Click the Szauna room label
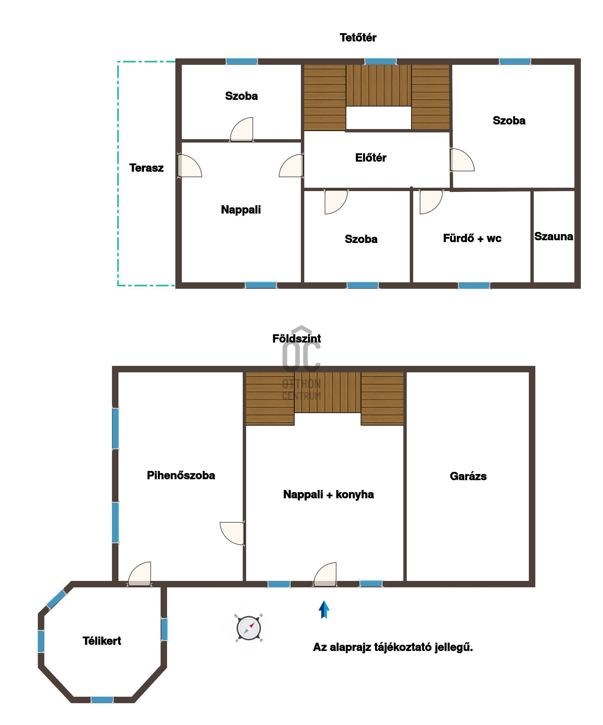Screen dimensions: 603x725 553,237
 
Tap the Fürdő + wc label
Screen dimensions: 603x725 472,238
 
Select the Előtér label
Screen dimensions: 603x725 371,158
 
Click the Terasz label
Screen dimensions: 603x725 146,168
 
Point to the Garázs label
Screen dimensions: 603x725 468,476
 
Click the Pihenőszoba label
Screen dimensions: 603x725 181,475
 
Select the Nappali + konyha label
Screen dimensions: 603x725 329,495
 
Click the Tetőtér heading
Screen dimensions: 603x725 358,37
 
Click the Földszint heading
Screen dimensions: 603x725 297,338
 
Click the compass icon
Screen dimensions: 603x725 249,628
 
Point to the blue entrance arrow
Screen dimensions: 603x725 324,610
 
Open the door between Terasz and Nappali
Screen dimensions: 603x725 190,166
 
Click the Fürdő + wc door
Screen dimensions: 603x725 431,202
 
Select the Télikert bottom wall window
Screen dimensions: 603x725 102,700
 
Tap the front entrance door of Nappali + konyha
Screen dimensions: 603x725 325,574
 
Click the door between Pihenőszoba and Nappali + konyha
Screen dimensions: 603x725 232,533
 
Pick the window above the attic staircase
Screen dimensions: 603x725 380,61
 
